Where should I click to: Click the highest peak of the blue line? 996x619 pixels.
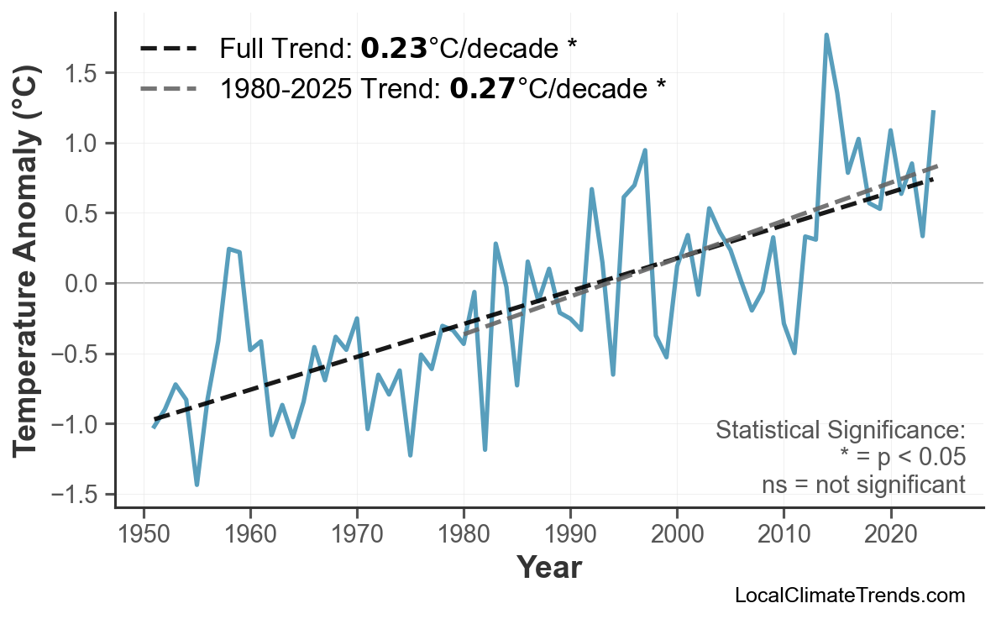click(x=826, y=35)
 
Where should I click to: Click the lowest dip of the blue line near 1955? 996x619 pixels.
click(x=197, y=485)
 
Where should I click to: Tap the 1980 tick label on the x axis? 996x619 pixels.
click(x=464, y=536)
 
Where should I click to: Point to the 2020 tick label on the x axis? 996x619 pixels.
click(x=890, y=536)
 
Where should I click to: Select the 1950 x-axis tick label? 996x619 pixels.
click(x=144, y=536)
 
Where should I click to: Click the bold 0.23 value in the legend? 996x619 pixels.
click(x=394, y=49)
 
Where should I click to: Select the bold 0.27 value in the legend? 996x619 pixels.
click(x=483, y=87)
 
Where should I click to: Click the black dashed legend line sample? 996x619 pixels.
click(x=168, y=49)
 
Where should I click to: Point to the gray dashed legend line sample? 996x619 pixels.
click(x=168, y=87)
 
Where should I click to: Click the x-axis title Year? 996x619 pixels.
click(x=548, y=568)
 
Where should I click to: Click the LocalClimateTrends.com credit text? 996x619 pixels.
click(x=849, y=595)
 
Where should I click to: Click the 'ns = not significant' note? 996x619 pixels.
click(x=863, y=485)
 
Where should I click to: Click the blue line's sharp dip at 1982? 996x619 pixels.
click(x=485, y=450)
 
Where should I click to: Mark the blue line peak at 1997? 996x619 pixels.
click(x=645, y=150)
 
